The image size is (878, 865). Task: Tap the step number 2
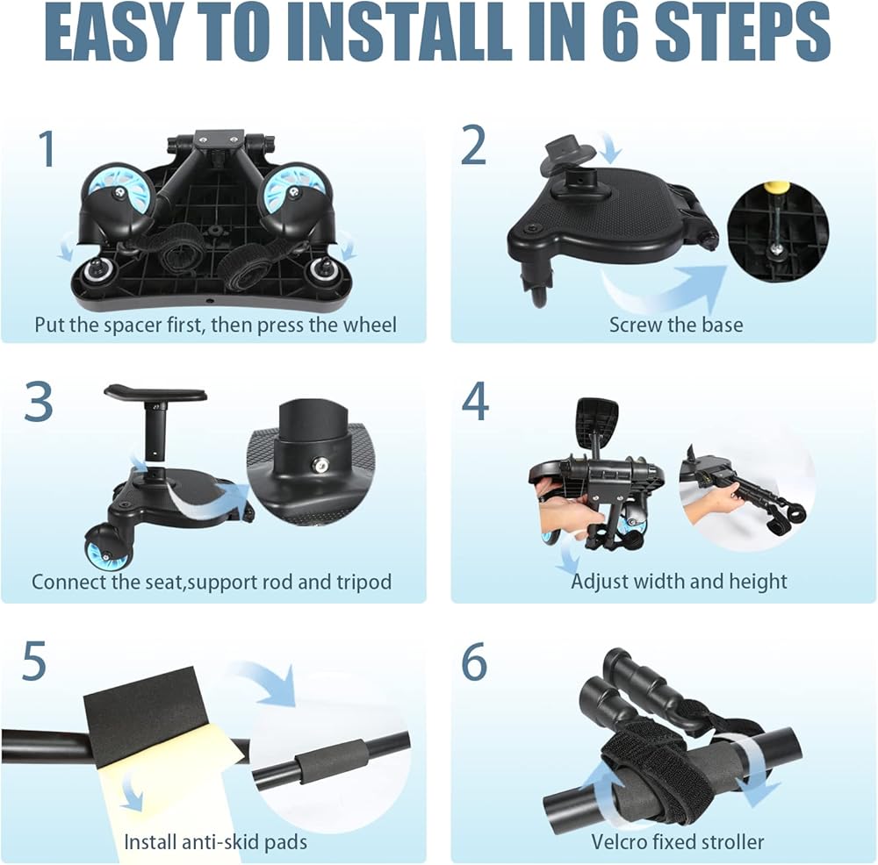(x=474, y=145)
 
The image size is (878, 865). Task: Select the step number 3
(x=39, y=402)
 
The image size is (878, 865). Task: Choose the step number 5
(x=34, y=661)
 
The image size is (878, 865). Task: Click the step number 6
(x=474, y=661)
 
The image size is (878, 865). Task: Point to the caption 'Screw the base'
(x=676, y=325)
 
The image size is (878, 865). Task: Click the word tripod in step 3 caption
(x=364, y=583)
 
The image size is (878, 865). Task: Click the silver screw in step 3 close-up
(x=320, y=464)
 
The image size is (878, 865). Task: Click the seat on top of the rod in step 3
(x=156, y=392)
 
